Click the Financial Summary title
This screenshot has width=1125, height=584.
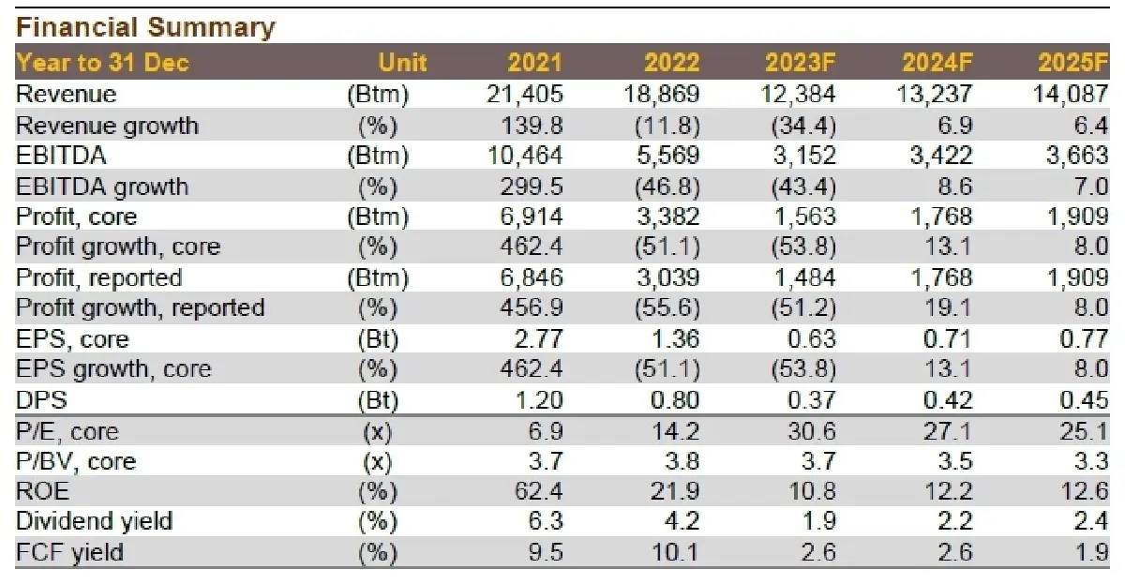click(145, 27)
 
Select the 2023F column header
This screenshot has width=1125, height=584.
click(800, 63)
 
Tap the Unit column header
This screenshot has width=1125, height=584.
click(402, 63)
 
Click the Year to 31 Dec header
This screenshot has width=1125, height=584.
click(102, 63)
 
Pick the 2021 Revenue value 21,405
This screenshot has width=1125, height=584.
click(525, 95)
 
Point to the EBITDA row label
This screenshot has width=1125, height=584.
click(61, 156)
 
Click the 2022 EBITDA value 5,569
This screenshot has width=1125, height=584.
click(667, 156)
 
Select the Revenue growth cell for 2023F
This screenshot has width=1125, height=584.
click(803, 126)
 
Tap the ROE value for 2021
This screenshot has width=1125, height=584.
click(538, 490)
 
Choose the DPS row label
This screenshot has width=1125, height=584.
click(41, 400)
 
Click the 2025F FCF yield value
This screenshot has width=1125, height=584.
click(1092, 552)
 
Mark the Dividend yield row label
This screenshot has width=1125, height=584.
click(95, 521)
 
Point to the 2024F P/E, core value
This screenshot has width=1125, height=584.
click(948, 431)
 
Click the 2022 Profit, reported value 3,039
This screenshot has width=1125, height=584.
click(667, 277)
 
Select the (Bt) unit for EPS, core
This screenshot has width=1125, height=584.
click(378, 340)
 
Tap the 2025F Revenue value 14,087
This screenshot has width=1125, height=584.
click(1071, 95)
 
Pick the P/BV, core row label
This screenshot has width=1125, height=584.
click(76, 461)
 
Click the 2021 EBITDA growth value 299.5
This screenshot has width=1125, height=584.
click(532, 187)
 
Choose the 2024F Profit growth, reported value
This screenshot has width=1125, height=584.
click(948, 307)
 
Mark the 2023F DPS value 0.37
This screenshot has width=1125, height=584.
click(812, 400)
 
